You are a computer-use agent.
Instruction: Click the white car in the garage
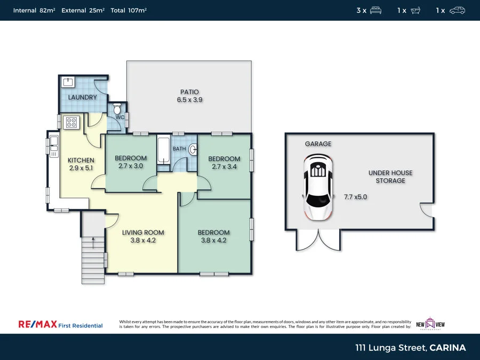(x=318, y=187)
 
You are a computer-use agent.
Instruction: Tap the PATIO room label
(x=189, y=92)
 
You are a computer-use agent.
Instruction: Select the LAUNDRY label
(x=83, y=97)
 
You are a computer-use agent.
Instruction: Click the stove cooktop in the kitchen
(x=70, y=122)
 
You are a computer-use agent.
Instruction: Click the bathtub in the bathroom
(x=163, y=151)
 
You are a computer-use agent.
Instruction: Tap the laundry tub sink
(x=68, y=82)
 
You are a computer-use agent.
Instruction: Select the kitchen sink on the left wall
(x=54, y=146)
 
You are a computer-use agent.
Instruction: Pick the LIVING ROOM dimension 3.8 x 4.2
(x=143, y=241)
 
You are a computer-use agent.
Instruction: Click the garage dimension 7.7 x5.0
(x=355, y=197)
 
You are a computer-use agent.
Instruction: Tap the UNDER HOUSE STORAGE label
(x=390, y=177)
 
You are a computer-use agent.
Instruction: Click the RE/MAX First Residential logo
(x=60, y=325)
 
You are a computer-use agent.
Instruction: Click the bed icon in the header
(x=375, y=10)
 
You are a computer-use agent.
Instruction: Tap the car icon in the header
(x=457, y=10)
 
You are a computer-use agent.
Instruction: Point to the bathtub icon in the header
(x=415, y=10)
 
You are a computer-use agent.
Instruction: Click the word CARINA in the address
(x=448, y=348)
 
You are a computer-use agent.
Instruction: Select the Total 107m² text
(x=129, y=10)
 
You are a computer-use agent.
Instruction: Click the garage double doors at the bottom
(x=318, y=240)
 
